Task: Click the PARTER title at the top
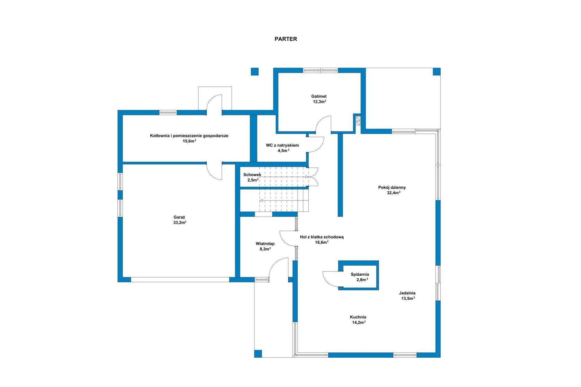(286, 39)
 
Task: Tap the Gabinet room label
(319, 96)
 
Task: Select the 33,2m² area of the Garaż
(179, 223)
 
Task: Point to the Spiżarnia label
(360, 275)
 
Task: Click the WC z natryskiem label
(282, 145)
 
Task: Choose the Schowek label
(252, 175)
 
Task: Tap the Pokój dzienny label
(392, 187)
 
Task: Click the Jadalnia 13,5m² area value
(408, 298)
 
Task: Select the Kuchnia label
(358, 317)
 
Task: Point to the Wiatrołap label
(265, 244)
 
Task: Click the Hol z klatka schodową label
(322, 237)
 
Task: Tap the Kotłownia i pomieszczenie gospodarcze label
(189, 136)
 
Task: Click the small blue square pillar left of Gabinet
(255, 71)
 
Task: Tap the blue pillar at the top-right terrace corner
(436, 71)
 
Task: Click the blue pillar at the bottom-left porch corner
(258, 354)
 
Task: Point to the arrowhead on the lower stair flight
(261, 200)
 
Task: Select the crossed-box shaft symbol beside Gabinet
(358, 121)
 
